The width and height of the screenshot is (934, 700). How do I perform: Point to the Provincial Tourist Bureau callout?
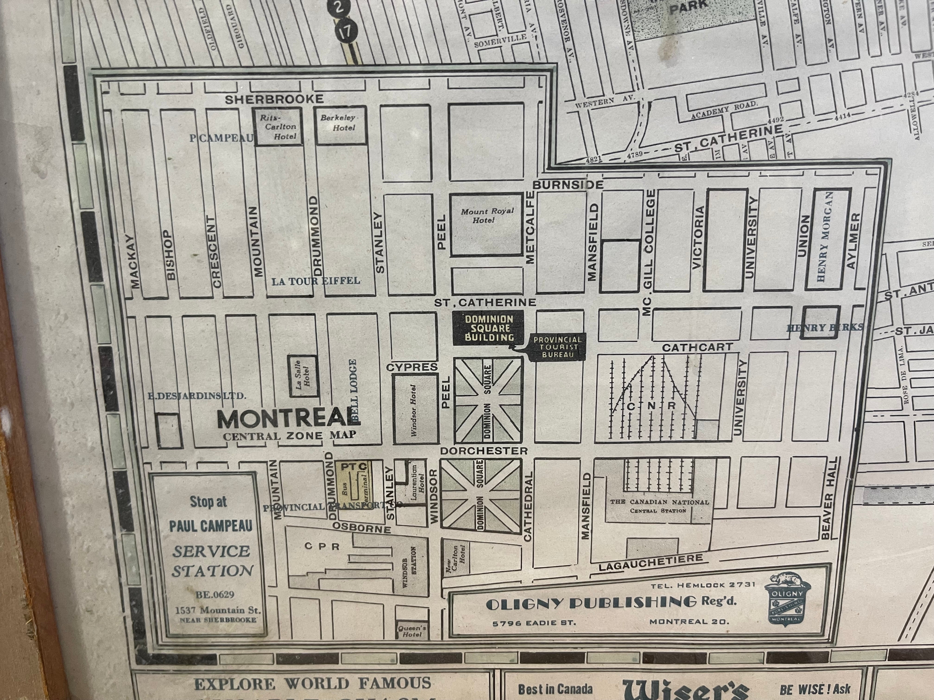(557, 347)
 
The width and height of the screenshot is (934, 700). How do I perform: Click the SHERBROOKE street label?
(274, 100)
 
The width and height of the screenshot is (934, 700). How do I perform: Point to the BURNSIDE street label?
(568, 185)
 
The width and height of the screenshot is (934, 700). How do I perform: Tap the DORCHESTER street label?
(483, 451)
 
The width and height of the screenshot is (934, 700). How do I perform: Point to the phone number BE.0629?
(215, 594)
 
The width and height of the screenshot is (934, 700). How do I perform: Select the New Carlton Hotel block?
(455, 558)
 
